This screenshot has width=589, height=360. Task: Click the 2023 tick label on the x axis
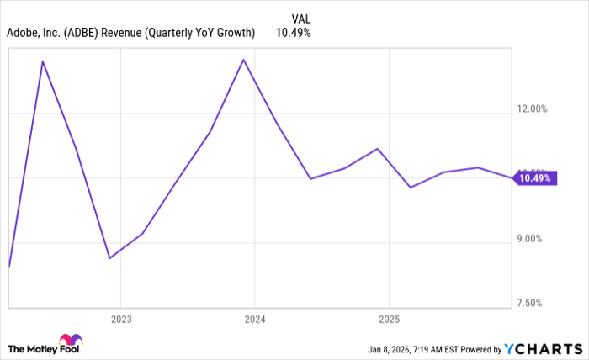(x=120, y=320)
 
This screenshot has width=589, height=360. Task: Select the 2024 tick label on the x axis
(x=255, y=320)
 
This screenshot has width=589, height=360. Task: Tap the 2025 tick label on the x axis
(x=389, y=320)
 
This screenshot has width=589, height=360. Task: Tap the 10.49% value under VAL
(x=294, y=34)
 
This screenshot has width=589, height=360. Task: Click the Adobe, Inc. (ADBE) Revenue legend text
(x=130, y=34)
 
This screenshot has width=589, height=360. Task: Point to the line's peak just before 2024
(x=244, y=60)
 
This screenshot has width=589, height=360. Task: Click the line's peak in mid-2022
(x=42, y=61)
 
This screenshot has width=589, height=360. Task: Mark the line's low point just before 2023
(x=109, y=258)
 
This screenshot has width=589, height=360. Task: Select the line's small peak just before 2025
(x=378, y=149)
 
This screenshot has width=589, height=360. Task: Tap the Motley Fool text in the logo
(x=34, y=348)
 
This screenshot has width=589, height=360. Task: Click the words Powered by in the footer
(x=479, y=349)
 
